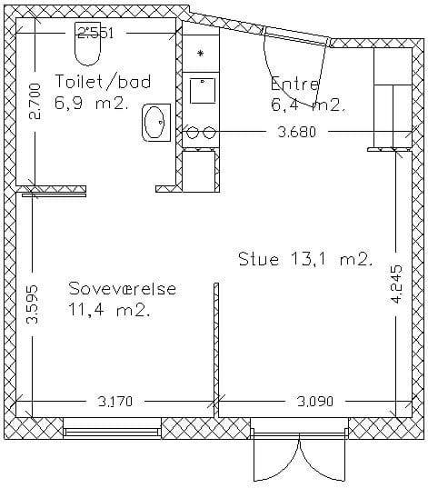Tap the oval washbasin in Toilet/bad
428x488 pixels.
click(x=156, y=123)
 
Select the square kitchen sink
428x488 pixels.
click(x=203, y=91)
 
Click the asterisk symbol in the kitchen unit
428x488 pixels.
click(x=201, y=54)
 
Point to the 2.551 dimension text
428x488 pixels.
click(x=95, y=33)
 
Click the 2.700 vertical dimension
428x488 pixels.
click(x=35, y=102)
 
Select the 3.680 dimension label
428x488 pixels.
click(x=296, y=132)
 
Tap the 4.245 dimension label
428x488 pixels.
click(x=396, y=284)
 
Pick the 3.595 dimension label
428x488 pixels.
click(x=33, y=304)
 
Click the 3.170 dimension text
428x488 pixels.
click(x=115, y=401)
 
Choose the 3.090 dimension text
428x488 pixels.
click(x=315, y=401)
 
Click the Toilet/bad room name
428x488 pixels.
click(x=103, y=82)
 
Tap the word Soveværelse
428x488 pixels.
click(x=123, y=288)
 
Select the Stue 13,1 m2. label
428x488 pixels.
click(x=306, y=259)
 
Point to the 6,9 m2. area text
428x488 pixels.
click(x=92, y=103)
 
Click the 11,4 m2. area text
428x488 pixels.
click(x=109, y=310)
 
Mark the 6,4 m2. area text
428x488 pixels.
click(x=309, y=105)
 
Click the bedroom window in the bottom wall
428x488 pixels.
click(x=113, y=432)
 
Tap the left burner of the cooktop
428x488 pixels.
click(x=193, y=133)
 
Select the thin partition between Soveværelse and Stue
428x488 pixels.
click(x=216, y=349)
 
